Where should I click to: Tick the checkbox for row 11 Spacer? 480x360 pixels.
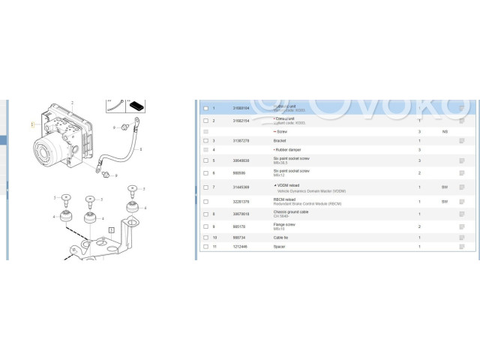point(205,246)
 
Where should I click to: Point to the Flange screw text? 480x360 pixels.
point(285,224)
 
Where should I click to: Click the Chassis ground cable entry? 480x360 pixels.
point(291,212)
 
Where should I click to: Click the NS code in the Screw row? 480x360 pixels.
point(445,131)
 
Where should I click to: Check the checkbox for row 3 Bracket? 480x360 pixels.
point(205,141)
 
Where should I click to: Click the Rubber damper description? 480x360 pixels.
point(289,150)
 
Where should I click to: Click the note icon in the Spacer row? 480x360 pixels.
point(463,246)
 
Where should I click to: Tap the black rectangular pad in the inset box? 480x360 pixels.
point(139,102)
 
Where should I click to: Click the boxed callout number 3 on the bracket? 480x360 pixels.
point(112,229)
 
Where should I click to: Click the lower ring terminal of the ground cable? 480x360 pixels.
point(99,169)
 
